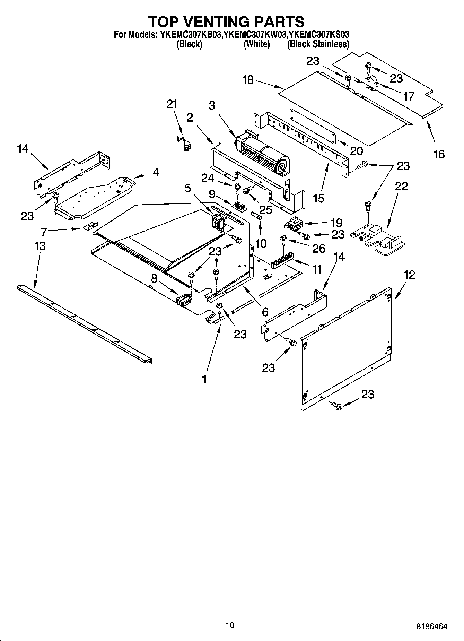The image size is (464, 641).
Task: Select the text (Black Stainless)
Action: [318, 44]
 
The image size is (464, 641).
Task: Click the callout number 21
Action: [172, 104]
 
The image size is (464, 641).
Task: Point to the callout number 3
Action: [212, 106]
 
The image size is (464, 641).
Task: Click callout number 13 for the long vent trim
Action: [40, 246]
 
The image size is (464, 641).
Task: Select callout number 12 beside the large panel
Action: [409, 275]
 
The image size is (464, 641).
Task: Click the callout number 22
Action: [401, 186]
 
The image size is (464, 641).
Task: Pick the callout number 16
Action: [439, 154]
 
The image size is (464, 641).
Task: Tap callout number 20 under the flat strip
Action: [356, 151]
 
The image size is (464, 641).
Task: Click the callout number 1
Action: [204, 379]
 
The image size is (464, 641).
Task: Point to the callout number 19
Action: [336, 223]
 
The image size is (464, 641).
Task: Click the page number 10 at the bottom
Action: [230, 625]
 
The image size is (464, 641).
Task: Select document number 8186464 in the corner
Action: [431, 626]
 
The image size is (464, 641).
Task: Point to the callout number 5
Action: [187, 188]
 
